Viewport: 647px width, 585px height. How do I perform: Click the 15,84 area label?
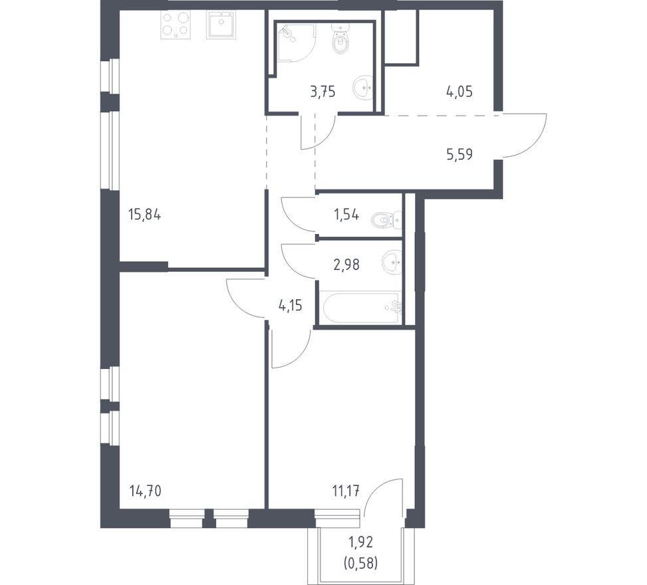[x=144, y=215]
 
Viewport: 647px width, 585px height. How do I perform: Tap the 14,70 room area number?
[x=145, y=491]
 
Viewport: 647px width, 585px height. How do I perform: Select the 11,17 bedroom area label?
[x=345, y=491]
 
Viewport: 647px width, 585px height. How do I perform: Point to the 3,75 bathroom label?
[x=323, y=92]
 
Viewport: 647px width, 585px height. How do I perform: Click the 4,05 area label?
[x=459, y=92]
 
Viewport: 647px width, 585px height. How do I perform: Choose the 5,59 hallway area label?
[x=459, y=154]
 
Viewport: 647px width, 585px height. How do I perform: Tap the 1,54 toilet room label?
[x=346, y=215]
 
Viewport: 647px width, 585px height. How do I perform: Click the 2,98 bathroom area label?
[x=346, y=265]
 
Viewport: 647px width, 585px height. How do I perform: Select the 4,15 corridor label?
[x=291, y=306]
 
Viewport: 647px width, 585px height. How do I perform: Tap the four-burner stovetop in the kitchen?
[x=176, y=25]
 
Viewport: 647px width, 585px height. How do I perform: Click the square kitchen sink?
[x=221, y=25]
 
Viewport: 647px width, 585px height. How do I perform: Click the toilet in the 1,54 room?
[x=386, y=220]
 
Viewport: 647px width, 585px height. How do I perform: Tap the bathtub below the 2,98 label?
[x=360, y=307]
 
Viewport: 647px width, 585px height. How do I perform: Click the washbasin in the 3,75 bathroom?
[x=363, y=88]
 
